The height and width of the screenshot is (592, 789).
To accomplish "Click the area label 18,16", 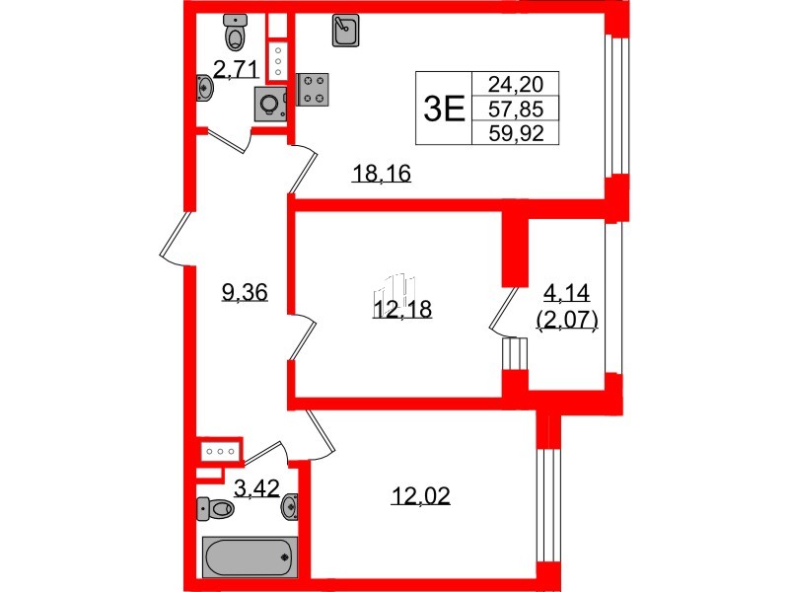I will click(x=381, y=176).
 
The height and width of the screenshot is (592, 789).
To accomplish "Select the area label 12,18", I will click(x=402, y=310).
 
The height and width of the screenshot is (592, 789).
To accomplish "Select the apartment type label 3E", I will click(x=443, y=109).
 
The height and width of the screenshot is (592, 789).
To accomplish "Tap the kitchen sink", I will click(x=345, y=32).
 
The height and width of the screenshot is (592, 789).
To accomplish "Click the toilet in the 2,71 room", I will click(x=235, y=35).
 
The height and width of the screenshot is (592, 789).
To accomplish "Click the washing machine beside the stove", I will click(x=270, y=104).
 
